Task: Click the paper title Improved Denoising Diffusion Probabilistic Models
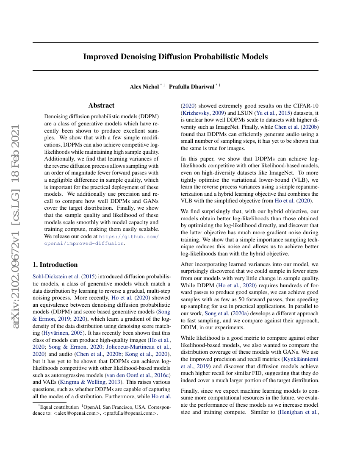175,56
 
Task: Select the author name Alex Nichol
144,86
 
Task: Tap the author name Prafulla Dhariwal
191,86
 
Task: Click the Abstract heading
101,105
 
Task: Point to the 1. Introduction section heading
55,265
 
